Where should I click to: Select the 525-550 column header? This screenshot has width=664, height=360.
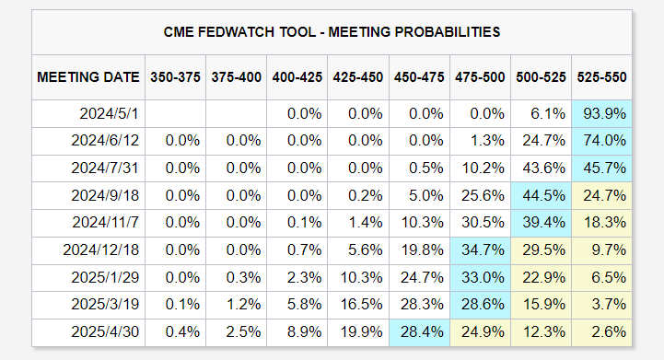(601, 77)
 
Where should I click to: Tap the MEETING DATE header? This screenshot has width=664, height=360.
(88, 77)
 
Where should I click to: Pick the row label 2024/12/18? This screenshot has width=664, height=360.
(100, 250)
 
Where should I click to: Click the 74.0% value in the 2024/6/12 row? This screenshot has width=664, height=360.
(604, 141)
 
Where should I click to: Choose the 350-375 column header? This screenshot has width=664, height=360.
(175, 77)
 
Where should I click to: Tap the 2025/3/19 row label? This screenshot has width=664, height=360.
(105, 304)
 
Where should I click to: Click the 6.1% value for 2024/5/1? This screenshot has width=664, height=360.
(548, 114)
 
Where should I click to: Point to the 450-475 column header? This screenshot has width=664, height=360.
(419, 77)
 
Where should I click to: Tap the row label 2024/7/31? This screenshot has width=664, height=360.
(105, 168)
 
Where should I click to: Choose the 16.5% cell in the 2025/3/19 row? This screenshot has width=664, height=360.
(361, 304)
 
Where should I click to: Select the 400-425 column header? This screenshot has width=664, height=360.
(297, 77)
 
